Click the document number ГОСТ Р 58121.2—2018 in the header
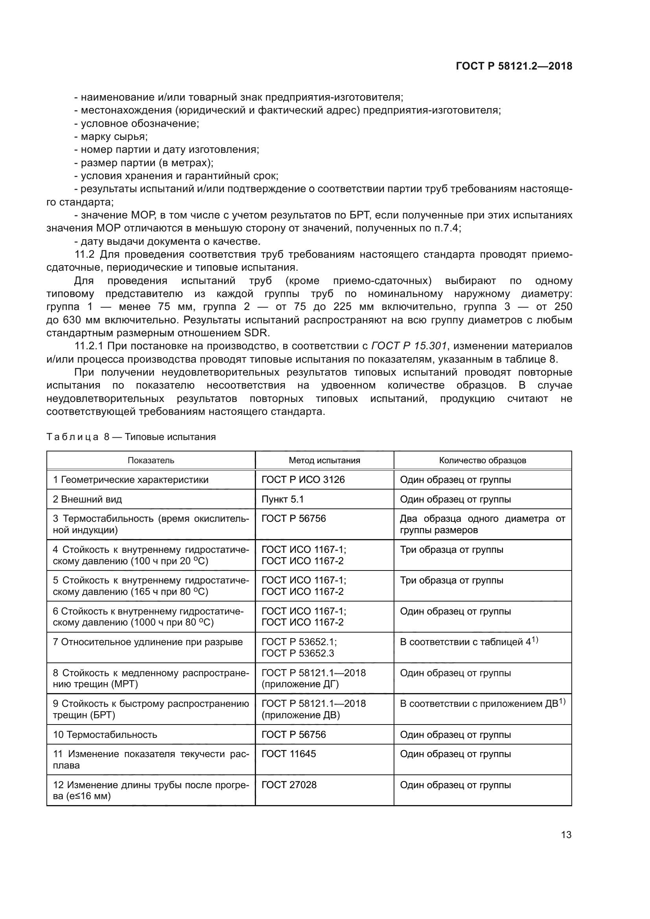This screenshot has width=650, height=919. [514, 66]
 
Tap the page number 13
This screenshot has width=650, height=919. [566, 835]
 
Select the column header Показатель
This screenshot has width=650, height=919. [151, 460]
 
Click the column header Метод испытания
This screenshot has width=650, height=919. [324, 460]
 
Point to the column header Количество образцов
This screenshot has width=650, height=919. [482, 460]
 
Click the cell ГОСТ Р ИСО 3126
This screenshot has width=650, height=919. [303, 479]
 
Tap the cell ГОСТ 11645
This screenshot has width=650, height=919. [288, 754]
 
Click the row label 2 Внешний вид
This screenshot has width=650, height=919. [87, 499]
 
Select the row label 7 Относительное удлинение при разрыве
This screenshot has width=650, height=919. [148, 642]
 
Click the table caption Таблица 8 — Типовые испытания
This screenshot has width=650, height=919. [131, 437]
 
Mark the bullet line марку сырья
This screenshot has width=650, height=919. [114, 136]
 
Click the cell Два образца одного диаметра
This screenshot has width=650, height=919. [482, 524]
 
